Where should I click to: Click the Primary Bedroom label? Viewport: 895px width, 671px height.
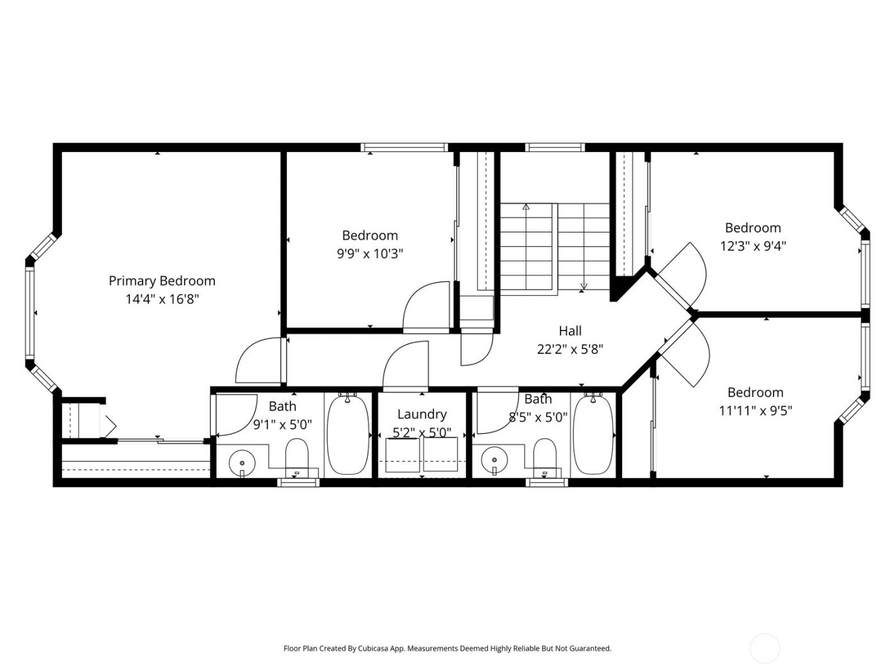(162, 281)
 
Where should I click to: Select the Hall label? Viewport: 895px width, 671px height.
(570, 330)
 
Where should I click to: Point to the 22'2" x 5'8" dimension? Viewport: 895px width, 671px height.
(570, 349)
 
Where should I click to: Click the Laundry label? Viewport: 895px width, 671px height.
(421, 414)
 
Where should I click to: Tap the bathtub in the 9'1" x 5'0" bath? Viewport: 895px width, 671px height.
(348, 435)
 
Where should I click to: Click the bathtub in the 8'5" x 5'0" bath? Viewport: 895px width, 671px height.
(593, 435)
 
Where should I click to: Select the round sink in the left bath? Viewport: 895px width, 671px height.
(242, 461)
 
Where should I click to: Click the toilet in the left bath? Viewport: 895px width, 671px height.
(297, 456)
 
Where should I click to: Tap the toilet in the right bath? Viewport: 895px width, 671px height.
(545, 456)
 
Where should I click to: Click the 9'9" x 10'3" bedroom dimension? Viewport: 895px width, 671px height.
(370, 254)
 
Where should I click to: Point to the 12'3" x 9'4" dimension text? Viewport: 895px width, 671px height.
(752, 246)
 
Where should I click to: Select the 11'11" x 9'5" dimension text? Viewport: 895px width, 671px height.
(755, 410)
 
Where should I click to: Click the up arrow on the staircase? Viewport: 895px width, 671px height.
(525, 207)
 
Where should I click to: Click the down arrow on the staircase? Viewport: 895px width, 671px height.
(583, 286)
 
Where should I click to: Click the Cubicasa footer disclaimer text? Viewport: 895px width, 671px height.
(447, 648)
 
